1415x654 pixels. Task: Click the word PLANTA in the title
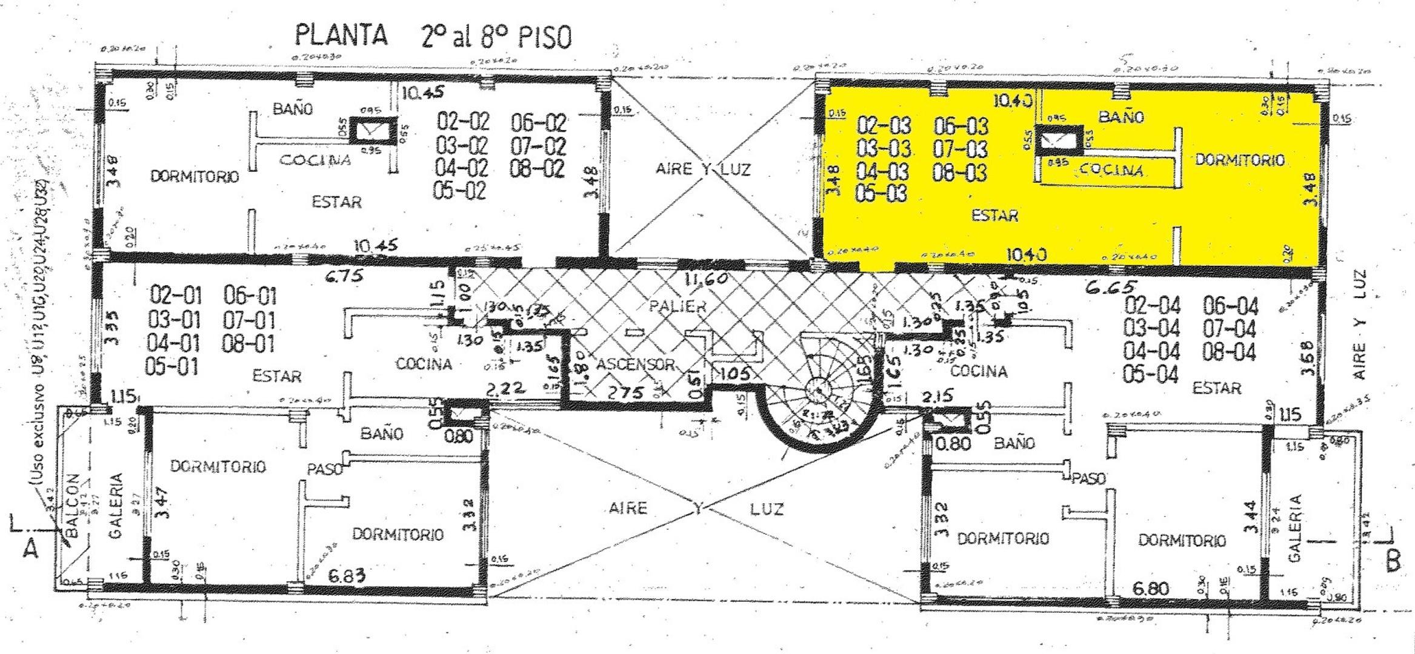coord(341,35)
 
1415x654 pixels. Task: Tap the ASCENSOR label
coord(635,365)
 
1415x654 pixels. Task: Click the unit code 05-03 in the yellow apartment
coord(882,193)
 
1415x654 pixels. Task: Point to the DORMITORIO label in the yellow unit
coord(1239,160)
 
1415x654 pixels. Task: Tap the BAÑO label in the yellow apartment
coord(1120,117)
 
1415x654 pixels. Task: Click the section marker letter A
coord(30,549)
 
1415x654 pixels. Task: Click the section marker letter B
coord(1393,562)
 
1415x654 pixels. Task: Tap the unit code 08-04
coord(1230,352)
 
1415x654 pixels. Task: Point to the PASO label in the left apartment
coord(325,469)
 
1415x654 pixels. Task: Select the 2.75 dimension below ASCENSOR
coord(625,393)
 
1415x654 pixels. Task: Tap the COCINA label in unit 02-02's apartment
coord(315,160)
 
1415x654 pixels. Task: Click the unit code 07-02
coord(538,147)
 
